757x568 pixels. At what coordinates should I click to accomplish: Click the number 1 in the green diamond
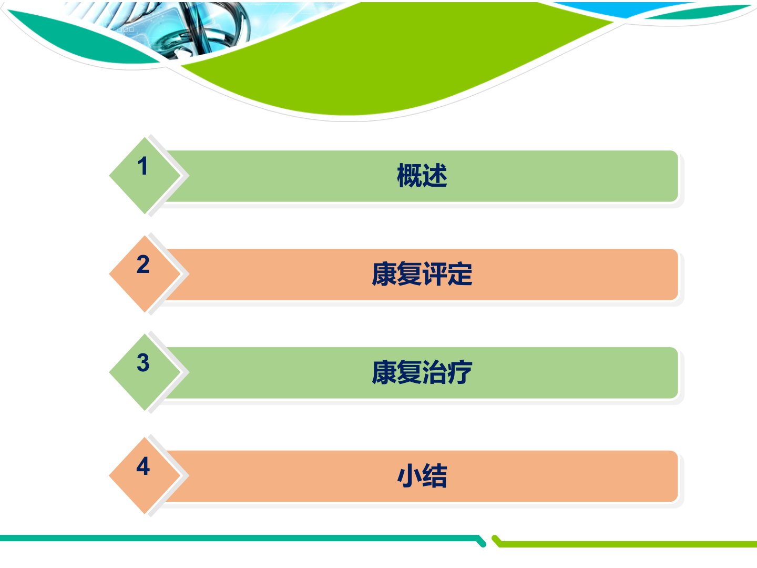[x=142, y=166]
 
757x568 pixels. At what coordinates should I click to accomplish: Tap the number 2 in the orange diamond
[x=143, y=265]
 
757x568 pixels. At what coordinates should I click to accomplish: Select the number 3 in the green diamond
[x=143, y=363]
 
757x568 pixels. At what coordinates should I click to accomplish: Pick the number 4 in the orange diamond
[x=143, y=466]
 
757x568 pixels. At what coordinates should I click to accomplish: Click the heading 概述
[x=422, y=176]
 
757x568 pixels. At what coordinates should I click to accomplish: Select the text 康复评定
[x=422, y=274]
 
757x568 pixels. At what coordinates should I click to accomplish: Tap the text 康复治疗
[x=422, y=372]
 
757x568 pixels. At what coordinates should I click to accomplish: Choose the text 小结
[x=422, y=475]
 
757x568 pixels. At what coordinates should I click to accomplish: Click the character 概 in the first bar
[x=410, y=176]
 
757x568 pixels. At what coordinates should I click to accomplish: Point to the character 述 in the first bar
[x=435, y=176]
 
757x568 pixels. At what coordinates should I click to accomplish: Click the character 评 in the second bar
[x=435, y=274]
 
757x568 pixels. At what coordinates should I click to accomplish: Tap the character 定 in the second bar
[x=460, y=274]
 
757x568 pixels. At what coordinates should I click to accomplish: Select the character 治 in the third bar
[x=435, y=372]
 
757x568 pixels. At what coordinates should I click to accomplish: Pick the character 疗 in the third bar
[x=460, y=372]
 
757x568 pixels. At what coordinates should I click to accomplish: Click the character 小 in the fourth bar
[x=410, y=475]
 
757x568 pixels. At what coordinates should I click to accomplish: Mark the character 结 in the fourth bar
[x=435, y=475]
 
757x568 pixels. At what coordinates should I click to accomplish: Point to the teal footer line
[x=241, y=539]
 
